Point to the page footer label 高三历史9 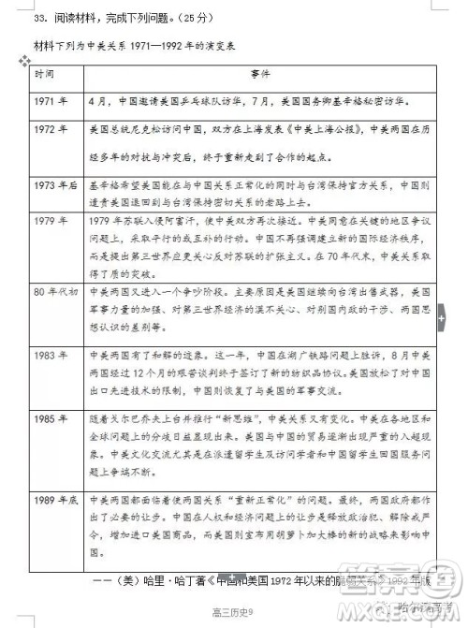pyautogui.click(x=230, y=610)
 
